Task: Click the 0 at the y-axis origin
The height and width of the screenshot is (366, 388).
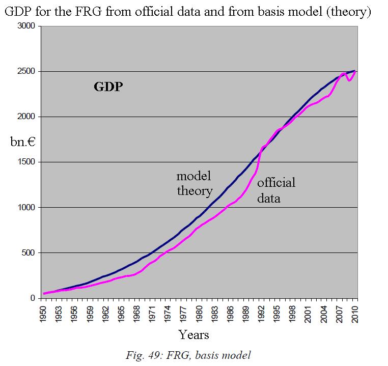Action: pos(32,298)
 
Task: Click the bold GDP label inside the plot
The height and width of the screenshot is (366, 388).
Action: pos(108,87)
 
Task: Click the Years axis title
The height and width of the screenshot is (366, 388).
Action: pos(193,334)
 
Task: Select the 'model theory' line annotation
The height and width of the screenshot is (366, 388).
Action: pos(194,184)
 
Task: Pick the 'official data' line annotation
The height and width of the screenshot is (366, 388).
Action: pos(275,190)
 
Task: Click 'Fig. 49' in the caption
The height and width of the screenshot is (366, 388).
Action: pos(142,355)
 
